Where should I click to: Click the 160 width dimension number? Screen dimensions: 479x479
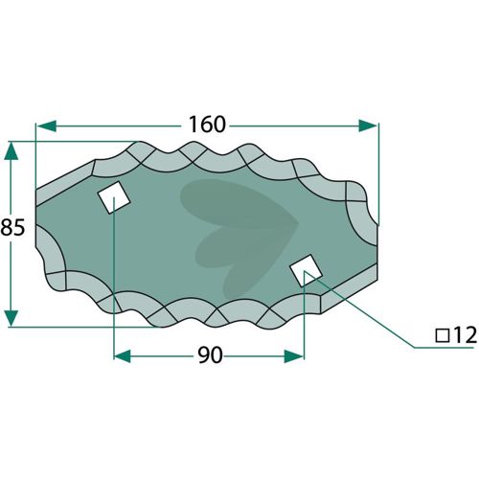[x=207, y=125]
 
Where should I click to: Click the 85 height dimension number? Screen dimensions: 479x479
[x=12, y=228]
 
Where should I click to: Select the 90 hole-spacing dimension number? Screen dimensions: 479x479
[x=210, y=355]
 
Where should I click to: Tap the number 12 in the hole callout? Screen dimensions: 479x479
[x=465, y=335]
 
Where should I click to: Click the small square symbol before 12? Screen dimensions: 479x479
[x=443, y=336]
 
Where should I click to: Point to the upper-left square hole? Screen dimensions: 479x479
[x=114, y=197]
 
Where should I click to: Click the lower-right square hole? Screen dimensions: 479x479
[x=306, y=270]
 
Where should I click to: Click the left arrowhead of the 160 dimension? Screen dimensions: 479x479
[x=47, y=126]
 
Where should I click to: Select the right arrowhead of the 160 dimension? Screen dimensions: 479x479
[x=368, y=125]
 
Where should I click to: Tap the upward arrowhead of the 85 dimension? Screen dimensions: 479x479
[x=11, y=151]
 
